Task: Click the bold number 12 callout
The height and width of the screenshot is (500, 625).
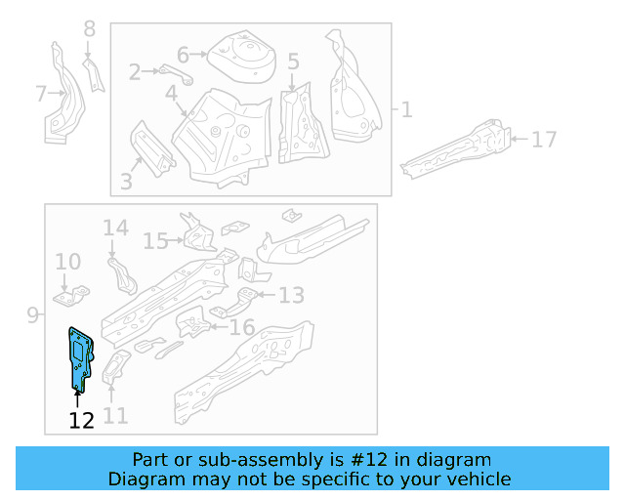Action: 81,420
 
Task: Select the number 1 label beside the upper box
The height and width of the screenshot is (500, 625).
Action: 405,110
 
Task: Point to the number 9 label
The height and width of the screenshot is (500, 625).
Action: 32,314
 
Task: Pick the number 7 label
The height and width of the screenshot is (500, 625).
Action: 41,94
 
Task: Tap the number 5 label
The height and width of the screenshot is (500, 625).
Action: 293,62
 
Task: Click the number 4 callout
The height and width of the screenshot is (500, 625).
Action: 171,94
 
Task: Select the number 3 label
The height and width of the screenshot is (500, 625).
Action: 126,181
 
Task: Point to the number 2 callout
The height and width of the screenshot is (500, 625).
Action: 136,70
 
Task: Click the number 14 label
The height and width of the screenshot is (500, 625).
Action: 115,229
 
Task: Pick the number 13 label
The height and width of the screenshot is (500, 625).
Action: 291,295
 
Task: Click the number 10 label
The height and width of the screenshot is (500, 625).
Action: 67,262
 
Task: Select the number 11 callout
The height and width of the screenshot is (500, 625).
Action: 115,416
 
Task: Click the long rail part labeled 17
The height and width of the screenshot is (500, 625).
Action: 459,149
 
